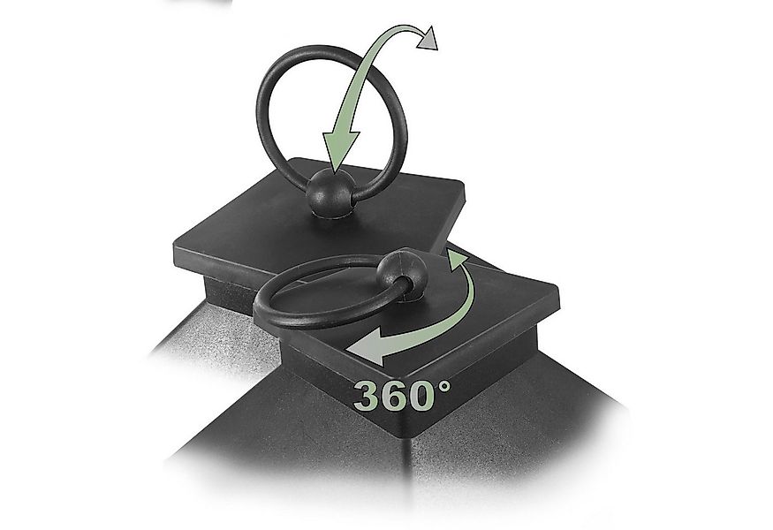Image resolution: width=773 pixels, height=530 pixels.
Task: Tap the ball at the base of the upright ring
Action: point(330,193)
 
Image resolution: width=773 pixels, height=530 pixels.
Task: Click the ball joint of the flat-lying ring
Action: point(402,274)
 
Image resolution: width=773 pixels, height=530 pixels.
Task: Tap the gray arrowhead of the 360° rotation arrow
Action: point(368,347)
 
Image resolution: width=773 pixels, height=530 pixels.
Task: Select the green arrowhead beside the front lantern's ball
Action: point(457,260)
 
